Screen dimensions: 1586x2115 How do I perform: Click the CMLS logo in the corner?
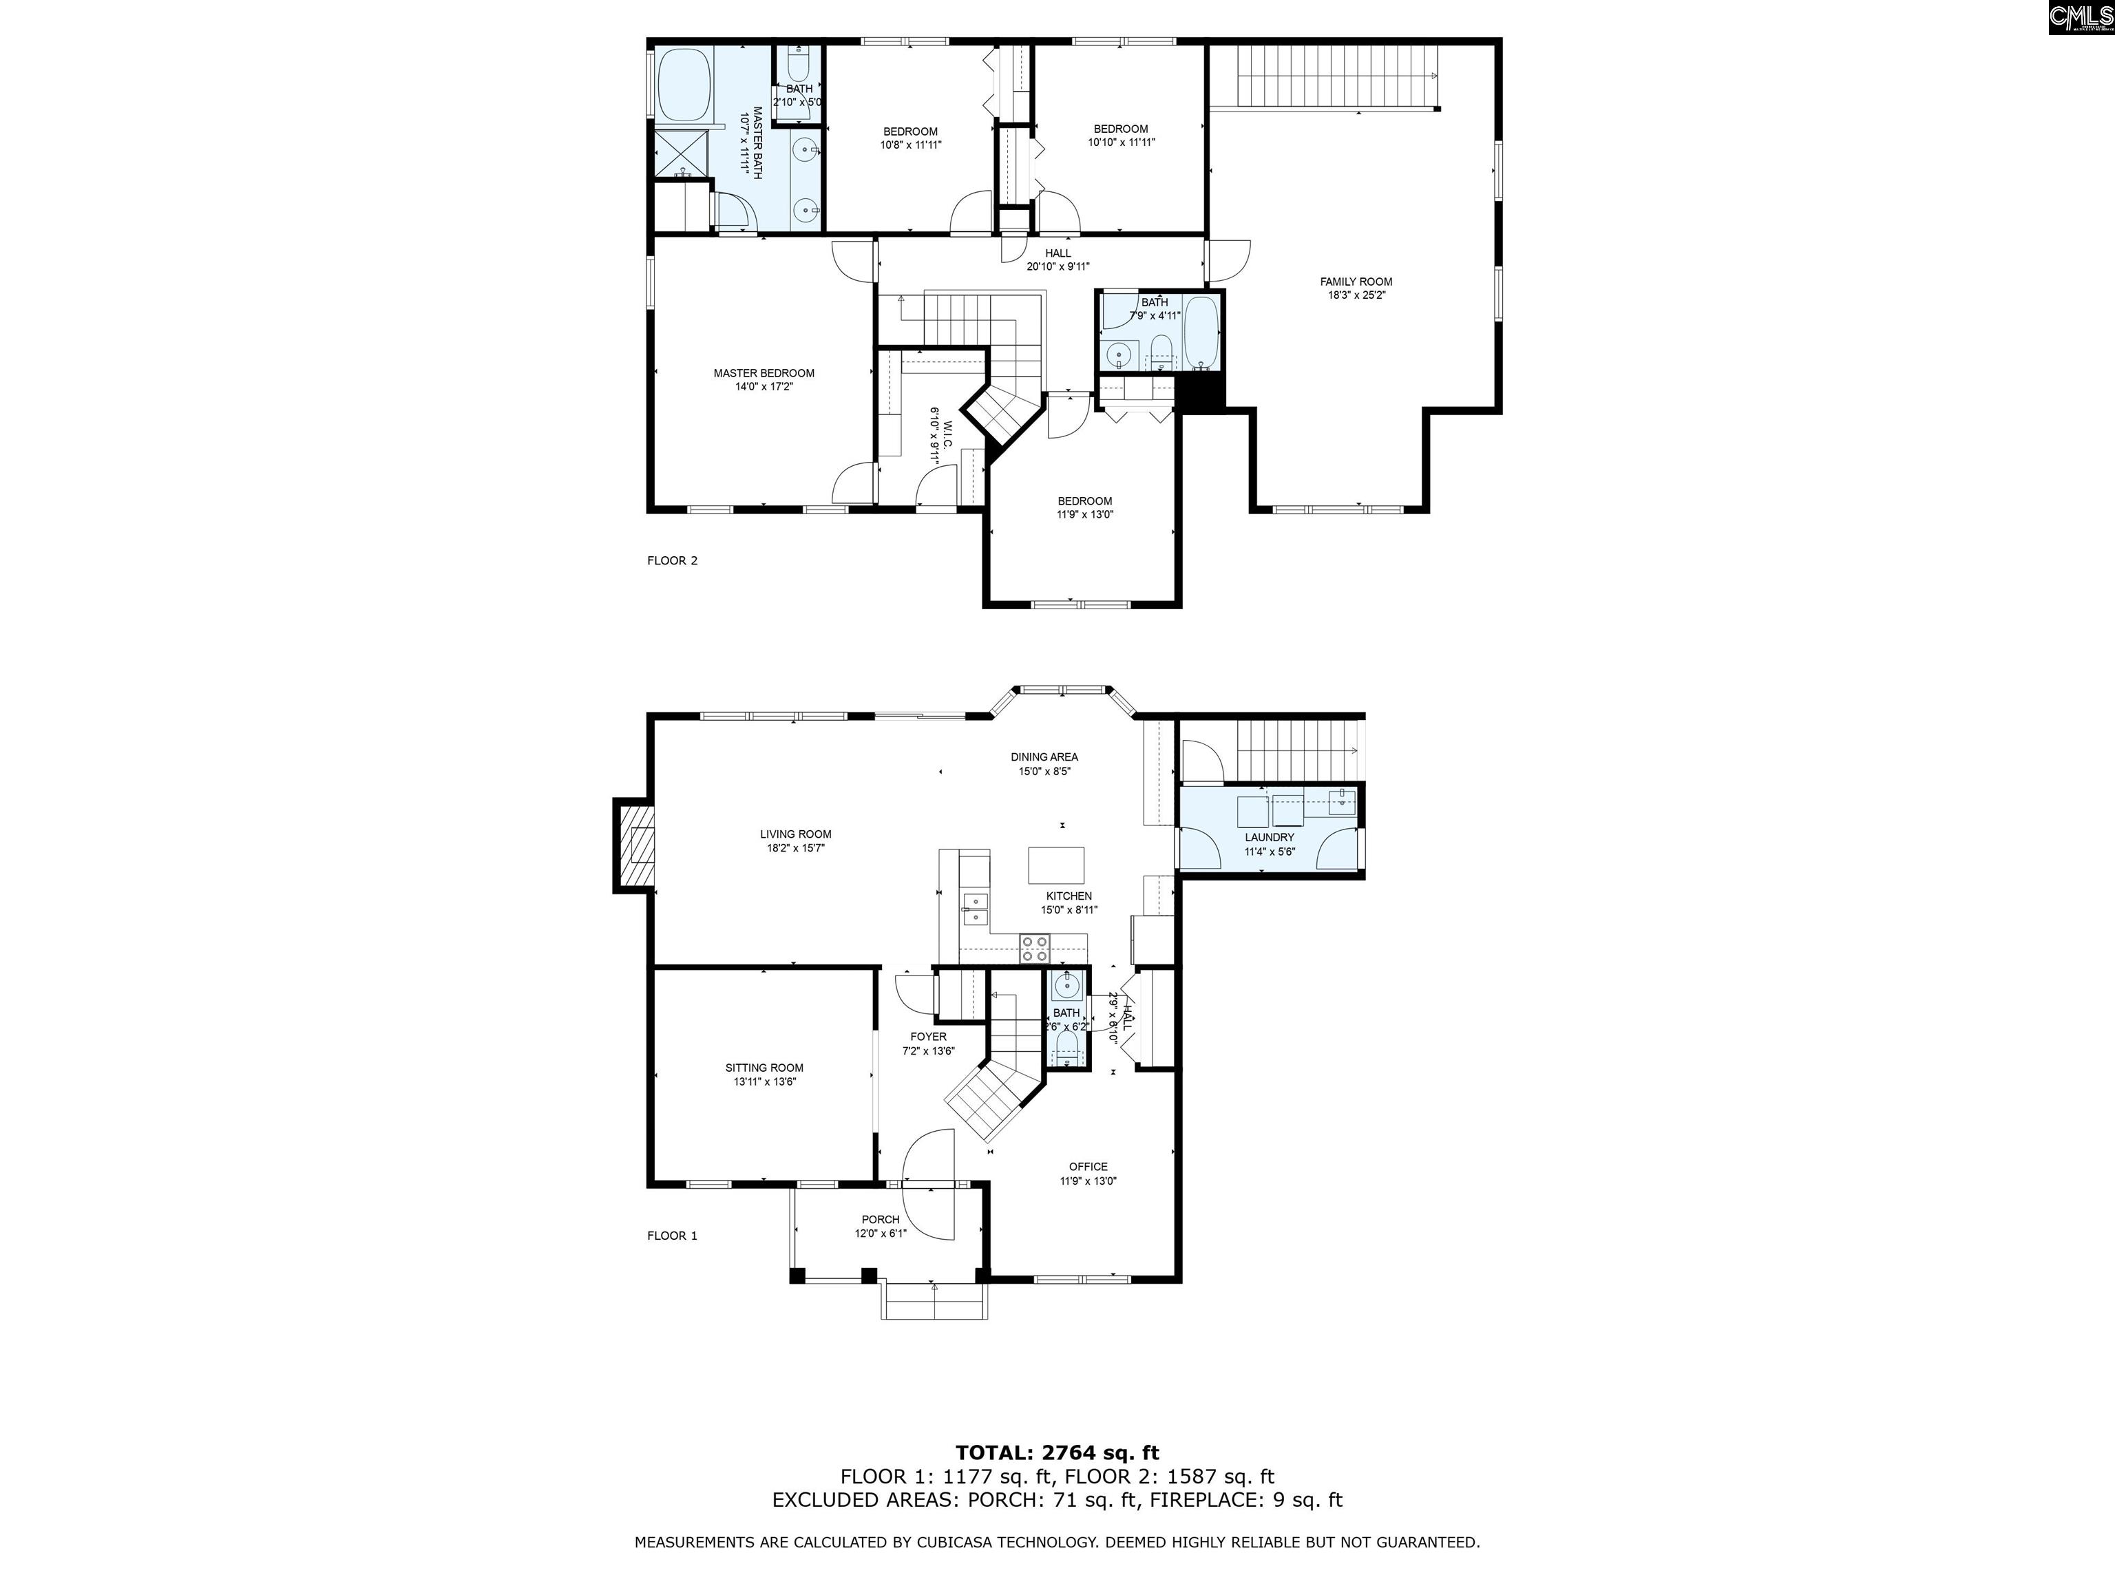[x=2081, y=17]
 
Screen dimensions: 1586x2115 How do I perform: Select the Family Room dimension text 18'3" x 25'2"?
[x=1356, y=295]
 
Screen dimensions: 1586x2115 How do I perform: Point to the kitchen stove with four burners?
[x=1033, y=949]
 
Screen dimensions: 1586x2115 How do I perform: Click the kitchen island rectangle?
[x=1057, y=865]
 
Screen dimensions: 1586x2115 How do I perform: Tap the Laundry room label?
[x=1269, y=838]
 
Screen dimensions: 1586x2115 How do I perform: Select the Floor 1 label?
[x=672, y=1235]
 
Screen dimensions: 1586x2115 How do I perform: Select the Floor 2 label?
[x=672, y=560]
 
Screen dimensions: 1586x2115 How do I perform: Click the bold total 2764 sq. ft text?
[x=1057, y=1453]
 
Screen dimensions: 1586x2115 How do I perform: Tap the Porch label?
[x=880, y=1219]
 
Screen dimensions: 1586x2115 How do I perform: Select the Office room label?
[x=1088, y=1166]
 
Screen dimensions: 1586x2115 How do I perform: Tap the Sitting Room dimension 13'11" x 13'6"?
[x=764, y=1082]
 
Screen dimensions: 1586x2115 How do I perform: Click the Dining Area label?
[x=1044, y=757]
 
